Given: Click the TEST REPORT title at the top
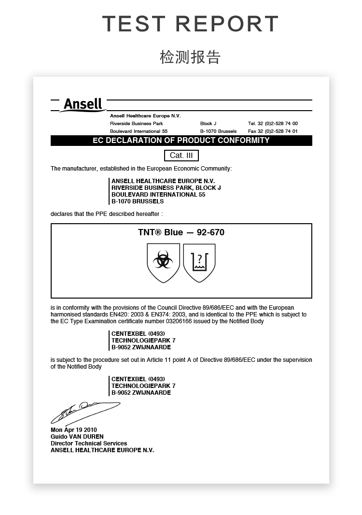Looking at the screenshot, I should [190, 24].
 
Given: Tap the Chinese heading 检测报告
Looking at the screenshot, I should [190, 57].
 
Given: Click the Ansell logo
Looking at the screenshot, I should [83, 104].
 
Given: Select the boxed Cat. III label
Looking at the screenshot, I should [181, 156].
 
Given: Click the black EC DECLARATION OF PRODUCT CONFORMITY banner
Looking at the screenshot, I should [181, 141].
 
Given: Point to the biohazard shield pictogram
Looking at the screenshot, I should [163, 263].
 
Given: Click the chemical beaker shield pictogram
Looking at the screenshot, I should [199, 263].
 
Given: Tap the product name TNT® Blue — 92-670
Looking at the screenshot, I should [181, 232].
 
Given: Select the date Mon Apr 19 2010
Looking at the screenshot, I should [74, 429].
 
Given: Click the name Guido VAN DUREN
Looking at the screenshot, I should [77, 436].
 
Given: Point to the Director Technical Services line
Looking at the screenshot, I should [89, 443].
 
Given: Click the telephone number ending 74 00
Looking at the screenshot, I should [273, 124].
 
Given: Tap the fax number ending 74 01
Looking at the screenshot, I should [273, 131].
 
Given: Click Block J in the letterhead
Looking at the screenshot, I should [208, 124].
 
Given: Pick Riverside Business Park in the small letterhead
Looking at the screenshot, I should [137, 124].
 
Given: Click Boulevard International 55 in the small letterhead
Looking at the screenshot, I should [139, 131].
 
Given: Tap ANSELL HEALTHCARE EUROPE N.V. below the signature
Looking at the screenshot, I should [102, 450].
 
